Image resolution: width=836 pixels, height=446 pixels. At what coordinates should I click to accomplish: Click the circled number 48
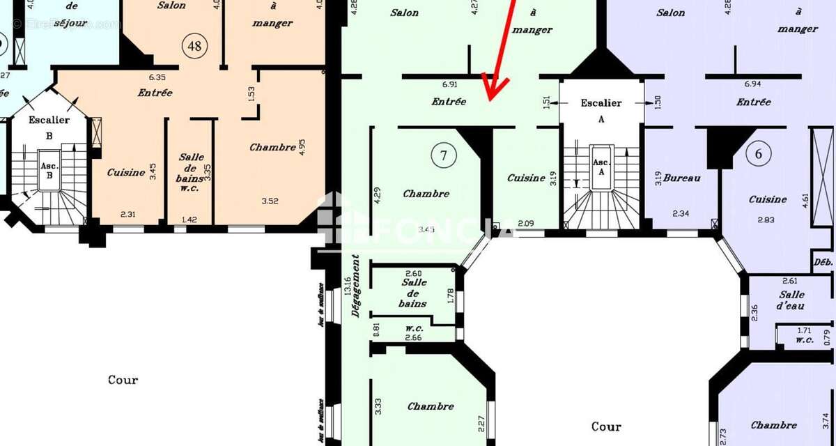click(194, 46)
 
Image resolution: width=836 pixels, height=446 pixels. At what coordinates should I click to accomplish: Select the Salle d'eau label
click(792, 300)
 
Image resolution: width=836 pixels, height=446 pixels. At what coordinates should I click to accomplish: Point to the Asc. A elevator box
click(601, 170)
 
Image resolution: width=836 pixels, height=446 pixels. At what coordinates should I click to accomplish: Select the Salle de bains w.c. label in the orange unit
click(191, 172)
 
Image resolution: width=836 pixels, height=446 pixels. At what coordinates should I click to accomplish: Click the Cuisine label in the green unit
click(526, 178)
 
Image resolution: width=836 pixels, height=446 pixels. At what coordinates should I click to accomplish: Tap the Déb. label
click(823, 263)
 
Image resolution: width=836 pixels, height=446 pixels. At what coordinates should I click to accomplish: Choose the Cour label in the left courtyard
click(123, 380)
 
